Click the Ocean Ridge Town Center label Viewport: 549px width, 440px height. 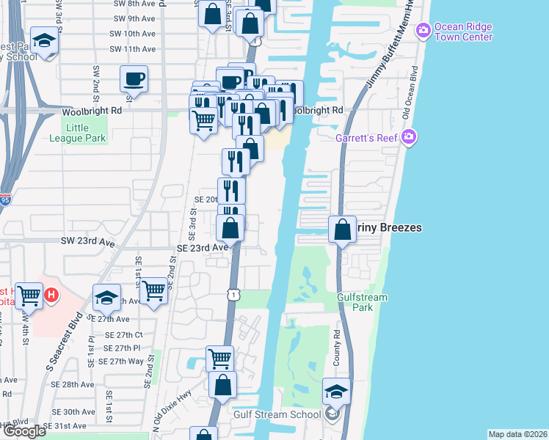pos(462,32)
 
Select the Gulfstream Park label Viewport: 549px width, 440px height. pos(361,301)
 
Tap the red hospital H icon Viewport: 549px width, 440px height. pos(51,296)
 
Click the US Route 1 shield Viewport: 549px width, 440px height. pos(232,293)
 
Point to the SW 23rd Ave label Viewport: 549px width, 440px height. pos(89,241)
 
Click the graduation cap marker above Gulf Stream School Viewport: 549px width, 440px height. pos(337,391)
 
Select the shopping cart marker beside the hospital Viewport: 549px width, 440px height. pos(30,296)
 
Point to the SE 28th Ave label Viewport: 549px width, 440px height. pos(73,384)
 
